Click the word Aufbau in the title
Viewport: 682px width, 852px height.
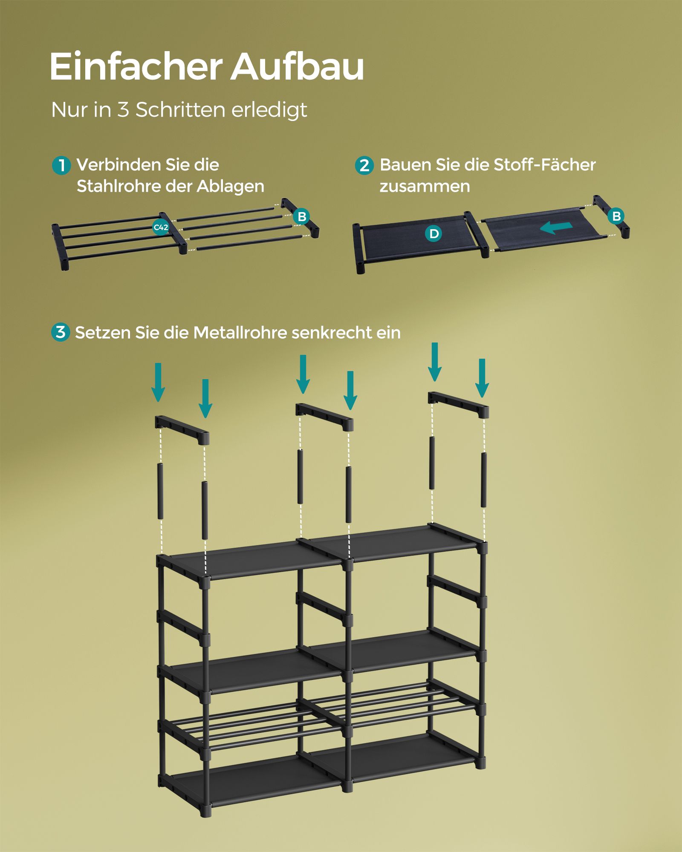click(297, 66)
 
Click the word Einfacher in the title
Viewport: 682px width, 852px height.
click(136, 66)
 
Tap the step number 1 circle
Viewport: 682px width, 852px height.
click(61, 165)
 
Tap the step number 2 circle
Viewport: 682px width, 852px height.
click(364, 165)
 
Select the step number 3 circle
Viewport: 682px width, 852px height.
click(61, 332)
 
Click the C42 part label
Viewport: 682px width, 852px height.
click(161, 227)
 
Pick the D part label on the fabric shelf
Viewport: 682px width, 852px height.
click(433, 233)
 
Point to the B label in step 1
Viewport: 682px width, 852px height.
click(302, 216)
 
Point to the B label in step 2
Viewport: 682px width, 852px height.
click(616, 216)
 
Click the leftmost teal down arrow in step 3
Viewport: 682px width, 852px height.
click(158, 382)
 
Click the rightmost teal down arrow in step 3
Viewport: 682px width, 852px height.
click(482, 378)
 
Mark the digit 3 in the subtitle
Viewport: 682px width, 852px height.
click(123, 110)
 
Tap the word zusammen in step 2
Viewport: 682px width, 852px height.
click(425, 187)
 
